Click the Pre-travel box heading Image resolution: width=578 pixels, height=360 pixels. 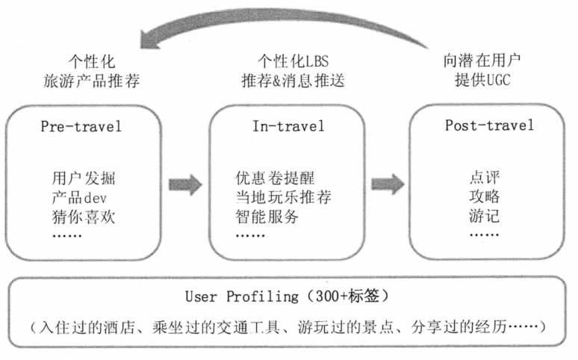point(81,126)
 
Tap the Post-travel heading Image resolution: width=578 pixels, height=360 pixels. point(490,125)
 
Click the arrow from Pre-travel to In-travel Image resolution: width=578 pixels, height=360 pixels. point(185,184)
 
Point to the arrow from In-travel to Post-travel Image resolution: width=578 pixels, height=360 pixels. point(388,183)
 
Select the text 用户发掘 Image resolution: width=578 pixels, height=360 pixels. point(84,179)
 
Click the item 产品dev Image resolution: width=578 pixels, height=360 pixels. point(81,198)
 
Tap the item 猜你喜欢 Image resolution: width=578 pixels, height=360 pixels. point(84,217)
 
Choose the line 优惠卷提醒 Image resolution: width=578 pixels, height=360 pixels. point(275,179)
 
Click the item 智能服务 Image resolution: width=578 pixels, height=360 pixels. point(267,217)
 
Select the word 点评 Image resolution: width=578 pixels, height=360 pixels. point(485,179)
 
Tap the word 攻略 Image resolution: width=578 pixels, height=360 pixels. point(485,198)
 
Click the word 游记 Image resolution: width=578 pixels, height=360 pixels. point(485,217)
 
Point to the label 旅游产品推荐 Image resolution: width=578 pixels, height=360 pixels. point(92,79)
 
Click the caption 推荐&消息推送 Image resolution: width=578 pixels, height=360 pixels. point(293,79)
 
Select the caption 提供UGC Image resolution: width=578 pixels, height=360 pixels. point(485,79)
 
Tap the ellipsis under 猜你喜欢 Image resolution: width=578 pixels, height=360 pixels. point(68,235)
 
